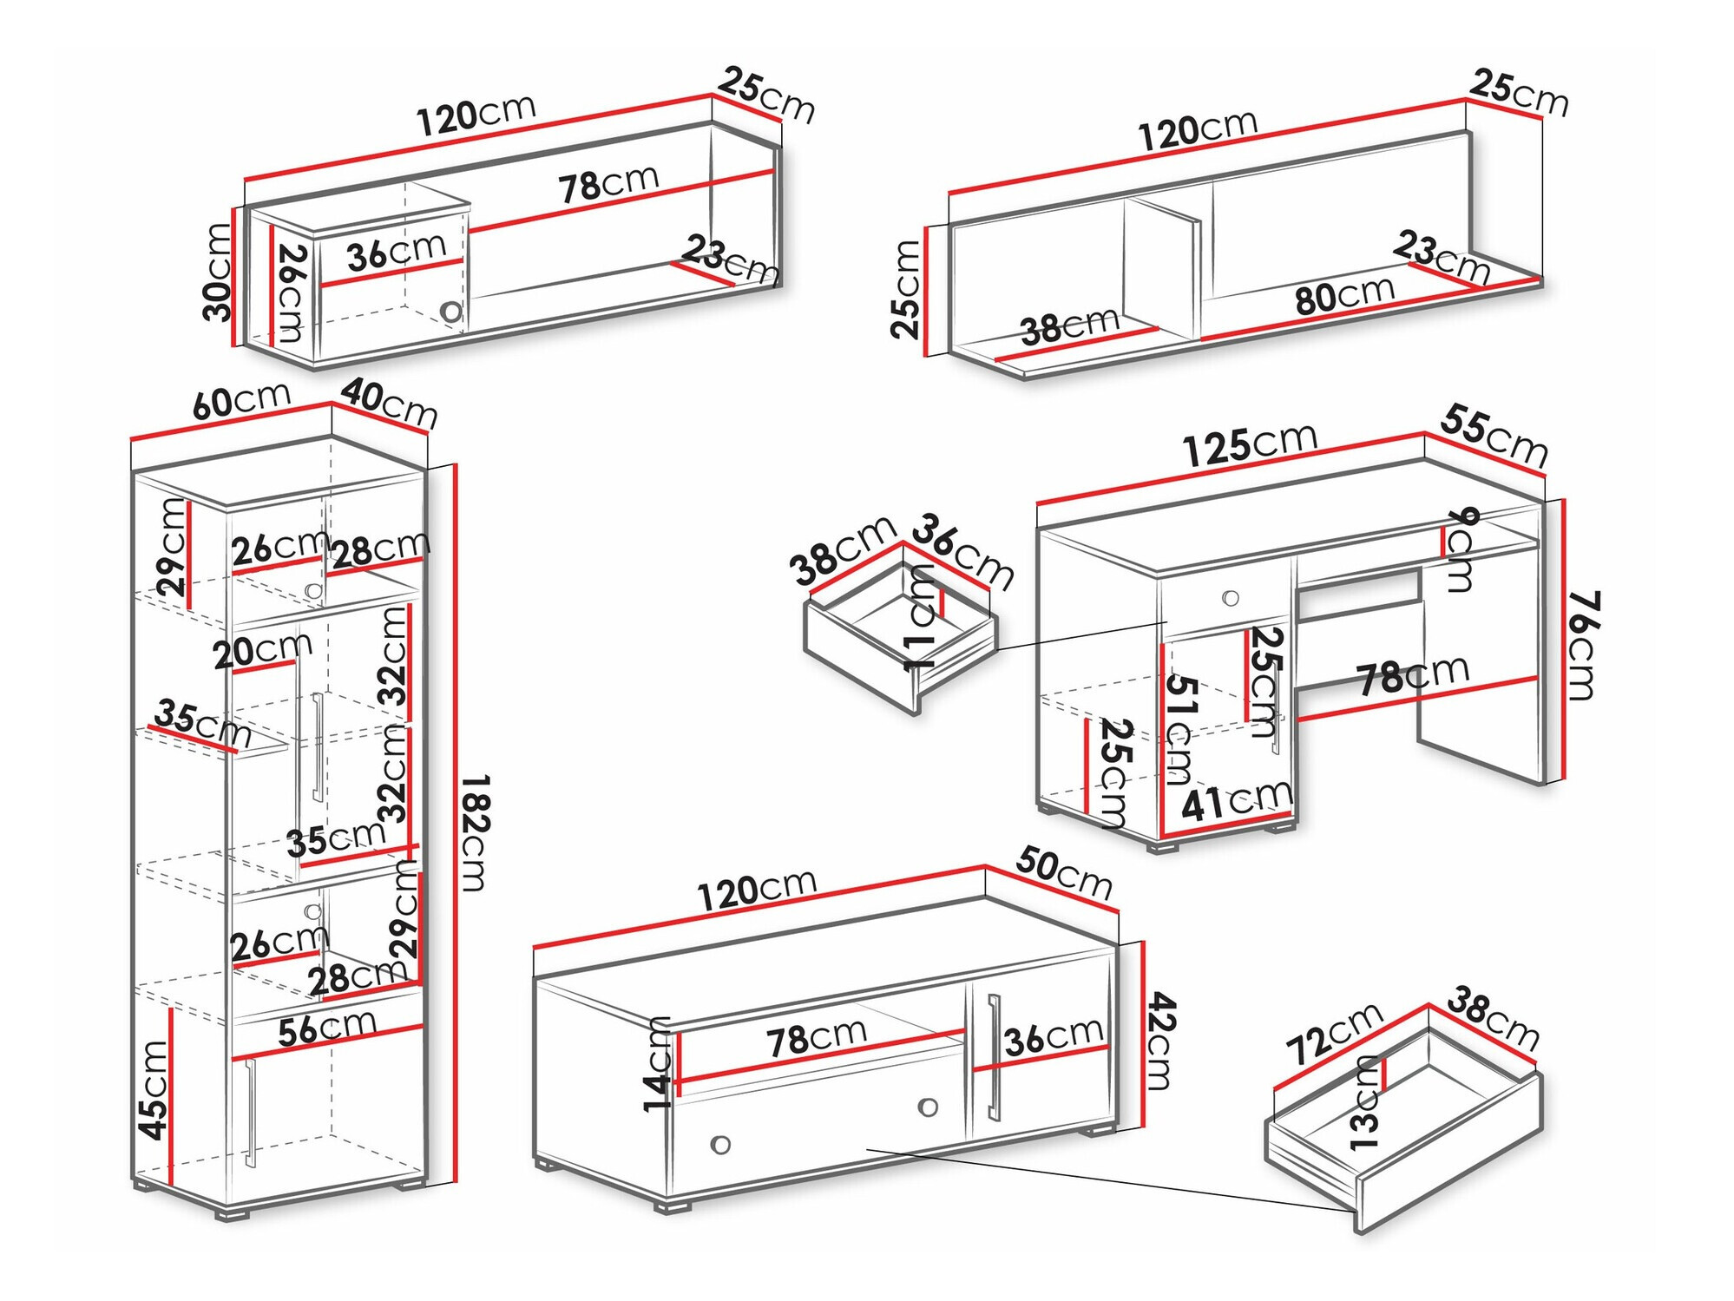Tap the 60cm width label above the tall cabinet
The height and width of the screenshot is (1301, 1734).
(x=240, y=401)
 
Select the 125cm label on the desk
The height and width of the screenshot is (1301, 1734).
(x=1250, y=444)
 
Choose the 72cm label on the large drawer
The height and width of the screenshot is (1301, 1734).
(x=1333, y=1032)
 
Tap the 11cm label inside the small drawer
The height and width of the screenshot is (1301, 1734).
(x=920, y=617)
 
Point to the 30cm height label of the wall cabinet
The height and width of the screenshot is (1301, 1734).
(x=217, y=273)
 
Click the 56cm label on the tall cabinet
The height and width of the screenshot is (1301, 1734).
(x=327, y=1029)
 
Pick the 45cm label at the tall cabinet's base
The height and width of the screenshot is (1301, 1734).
(x=153, y=1090)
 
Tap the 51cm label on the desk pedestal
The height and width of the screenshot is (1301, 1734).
(x=1179, y=729)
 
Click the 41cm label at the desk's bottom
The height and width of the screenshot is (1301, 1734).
(x=1236, y=800)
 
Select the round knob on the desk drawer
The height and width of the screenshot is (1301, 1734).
(x=1230, y=598)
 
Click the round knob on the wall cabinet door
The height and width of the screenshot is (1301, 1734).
(x=450, y=311)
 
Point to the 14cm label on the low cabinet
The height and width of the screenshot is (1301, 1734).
(x=658, y=1065)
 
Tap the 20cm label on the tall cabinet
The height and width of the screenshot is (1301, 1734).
(x=262, y=650)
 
